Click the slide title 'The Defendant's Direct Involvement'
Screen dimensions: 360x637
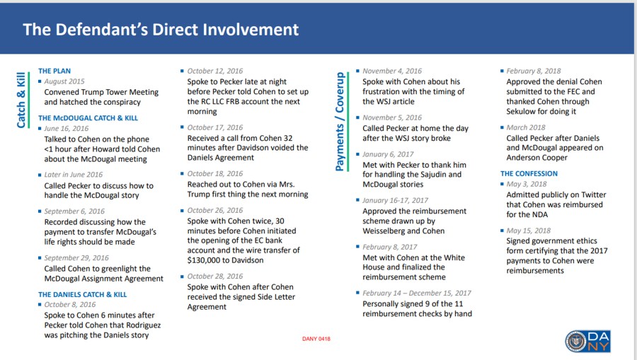click(161, 30)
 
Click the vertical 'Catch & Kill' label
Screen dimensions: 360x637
click(21, 100)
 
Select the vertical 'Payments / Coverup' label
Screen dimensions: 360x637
click(340, 121)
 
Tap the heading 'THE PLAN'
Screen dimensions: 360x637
click(54, 71)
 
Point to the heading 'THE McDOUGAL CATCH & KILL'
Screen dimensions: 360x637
click(88, 118)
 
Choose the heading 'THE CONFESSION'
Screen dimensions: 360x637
click(529, 173)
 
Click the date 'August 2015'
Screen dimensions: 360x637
click(65, 81)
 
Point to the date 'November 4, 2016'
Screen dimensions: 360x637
click(392, 71)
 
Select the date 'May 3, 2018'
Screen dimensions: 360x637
click(527, 184)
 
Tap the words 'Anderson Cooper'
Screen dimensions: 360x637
click(537, 158)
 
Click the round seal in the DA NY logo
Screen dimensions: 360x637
click(577, 341)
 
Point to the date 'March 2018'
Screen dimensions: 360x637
click(527, 128)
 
